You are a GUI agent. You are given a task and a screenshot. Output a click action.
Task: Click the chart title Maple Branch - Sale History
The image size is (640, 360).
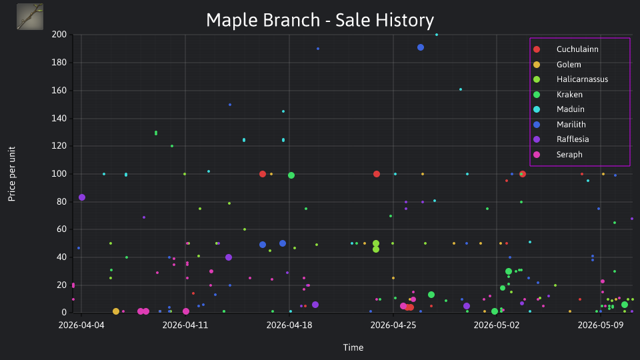click(x=319, y=20)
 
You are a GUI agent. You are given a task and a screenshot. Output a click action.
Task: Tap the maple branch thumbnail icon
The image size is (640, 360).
click(x=30, y=17)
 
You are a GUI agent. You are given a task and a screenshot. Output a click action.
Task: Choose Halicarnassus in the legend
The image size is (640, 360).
click(x=570, y=79)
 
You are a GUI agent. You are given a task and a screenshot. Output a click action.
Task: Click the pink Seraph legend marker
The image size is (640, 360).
click(x=537, y=154)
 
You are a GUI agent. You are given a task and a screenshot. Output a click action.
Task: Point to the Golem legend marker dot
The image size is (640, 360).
click(x=537, y=65)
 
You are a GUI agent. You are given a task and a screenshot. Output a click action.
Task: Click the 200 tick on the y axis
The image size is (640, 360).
click(x=59, y=34)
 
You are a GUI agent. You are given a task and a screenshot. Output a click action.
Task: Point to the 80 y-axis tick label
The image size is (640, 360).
click(x=61, y=201)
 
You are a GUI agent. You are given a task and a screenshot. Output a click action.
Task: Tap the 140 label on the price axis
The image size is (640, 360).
click(x=59, y=119)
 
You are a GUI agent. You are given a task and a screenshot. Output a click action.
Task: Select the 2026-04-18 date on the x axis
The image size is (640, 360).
click(x=289, y=325)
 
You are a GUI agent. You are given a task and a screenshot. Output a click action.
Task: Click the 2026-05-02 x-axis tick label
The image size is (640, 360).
click(x=497, y=325)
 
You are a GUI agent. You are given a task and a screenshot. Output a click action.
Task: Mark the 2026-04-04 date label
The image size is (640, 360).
click(x=81, y=325)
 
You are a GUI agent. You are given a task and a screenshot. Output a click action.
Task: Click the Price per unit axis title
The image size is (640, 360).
click(x=12, y=174)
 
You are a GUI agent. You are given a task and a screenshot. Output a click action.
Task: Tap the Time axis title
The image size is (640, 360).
click(x=353, y=347)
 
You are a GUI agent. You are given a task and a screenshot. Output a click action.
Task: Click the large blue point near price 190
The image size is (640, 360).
click(x=421, y=47)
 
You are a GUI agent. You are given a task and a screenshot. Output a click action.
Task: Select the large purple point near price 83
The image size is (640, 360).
click(x=82, y=197)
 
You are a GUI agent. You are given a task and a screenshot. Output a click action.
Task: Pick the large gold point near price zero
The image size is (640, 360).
click(x=116, y=311)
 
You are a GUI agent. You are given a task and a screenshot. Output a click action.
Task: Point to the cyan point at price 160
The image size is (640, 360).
click(x=461, y=89)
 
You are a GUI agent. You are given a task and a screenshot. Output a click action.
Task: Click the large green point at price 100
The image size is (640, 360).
click(x=291, y=175)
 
